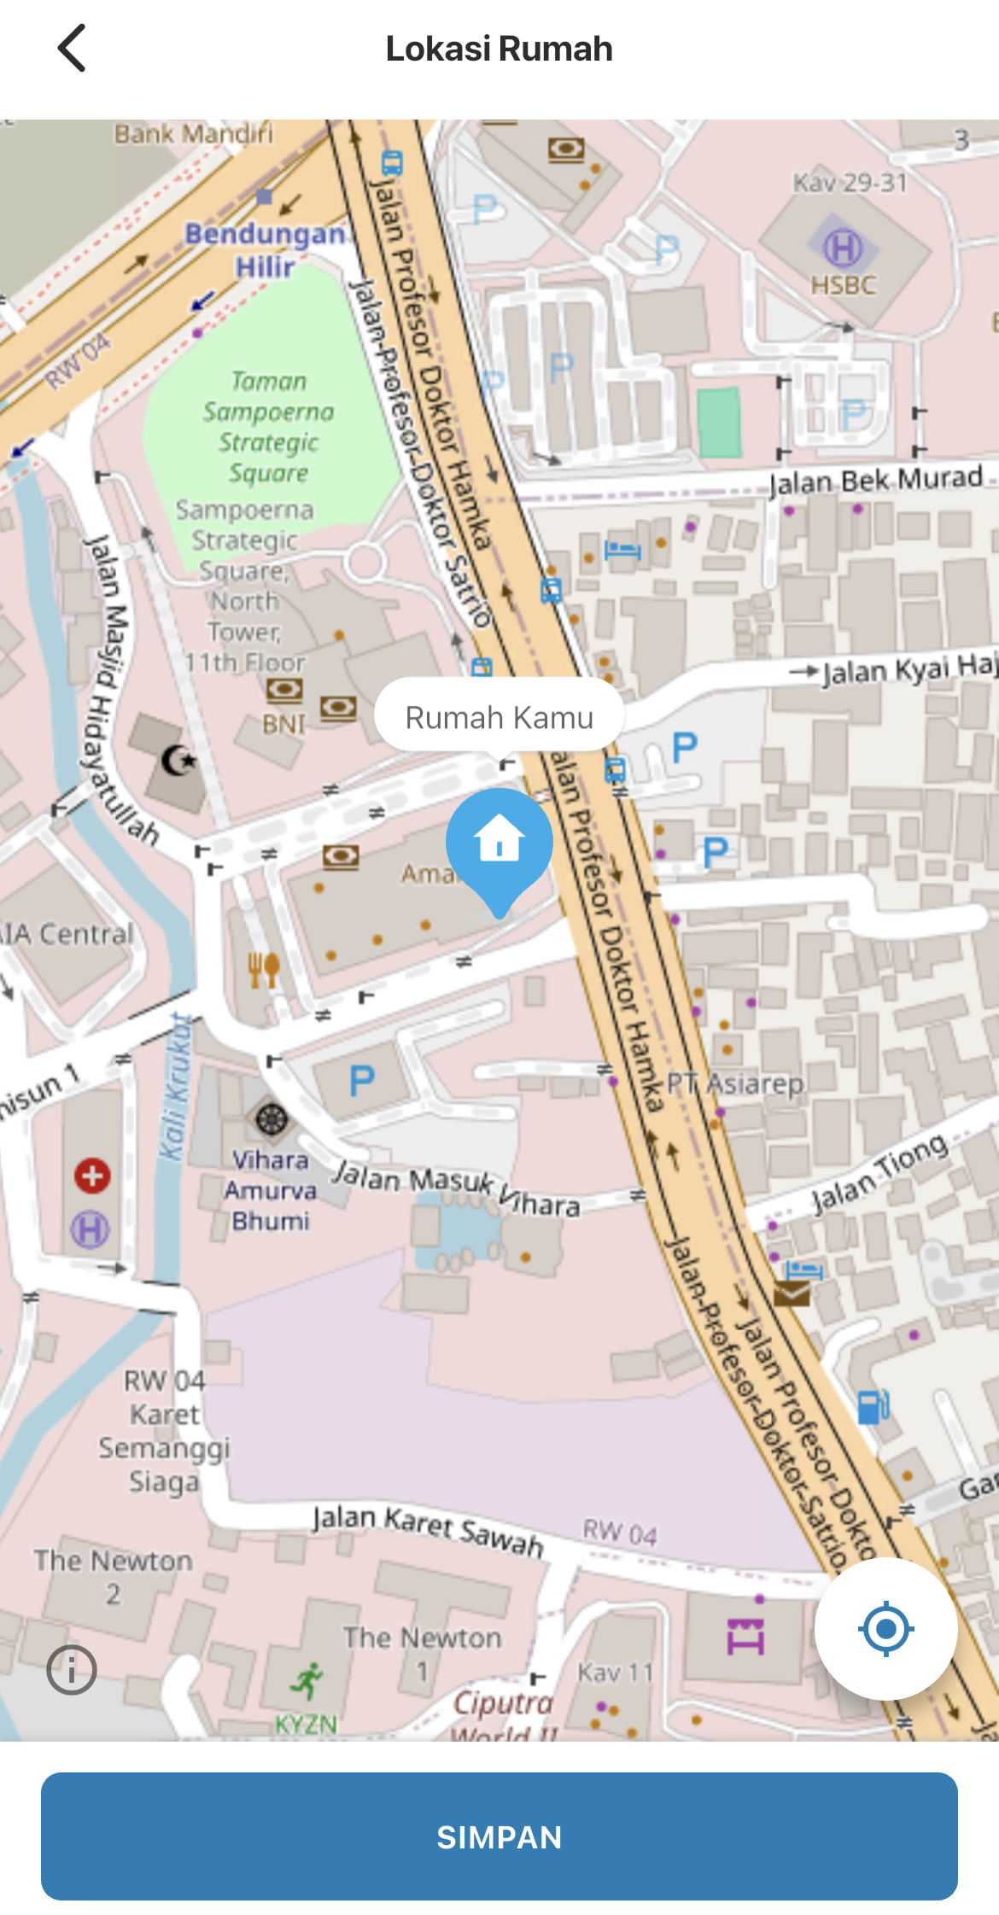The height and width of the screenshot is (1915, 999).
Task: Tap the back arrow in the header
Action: (x=72, y=48)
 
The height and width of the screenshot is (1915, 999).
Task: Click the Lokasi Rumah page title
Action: (x=499, y=49)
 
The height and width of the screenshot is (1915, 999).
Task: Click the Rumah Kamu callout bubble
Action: (x=499, y=717)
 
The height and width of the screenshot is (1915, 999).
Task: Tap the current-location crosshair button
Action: (x=885, y=1628)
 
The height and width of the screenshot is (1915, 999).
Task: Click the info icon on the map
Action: (x=72, y=1669)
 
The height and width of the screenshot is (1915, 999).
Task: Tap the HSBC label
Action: (x=844, y=284)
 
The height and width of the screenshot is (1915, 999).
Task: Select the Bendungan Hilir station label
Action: (x=266, y=249)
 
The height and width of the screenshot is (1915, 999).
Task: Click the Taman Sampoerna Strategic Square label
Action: (x=268, y=427)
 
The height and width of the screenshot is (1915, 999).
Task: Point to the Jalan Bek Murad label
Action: (x=876, y=480)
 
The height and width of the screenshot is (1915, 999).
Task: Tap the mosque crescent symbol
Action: (x=178, y=760)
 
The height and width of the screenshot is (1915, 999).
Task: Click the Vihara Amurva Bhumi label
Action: (x=270, y=1190)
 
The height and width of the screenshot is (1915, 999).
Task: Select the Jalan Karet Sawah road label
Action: (x=428, y=1530)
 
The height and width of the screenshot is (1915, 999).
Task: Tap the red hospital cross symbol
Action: (x=92, y=1176)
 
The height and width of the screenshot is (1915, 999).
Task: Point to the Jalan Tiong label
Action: (x=879, y=1171)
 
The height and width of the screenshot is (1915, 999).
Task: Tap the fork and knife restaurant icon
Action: (x=263, y=969)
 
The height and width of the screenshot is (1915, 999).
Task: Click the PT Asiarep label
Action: (x=735, y=1083)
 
